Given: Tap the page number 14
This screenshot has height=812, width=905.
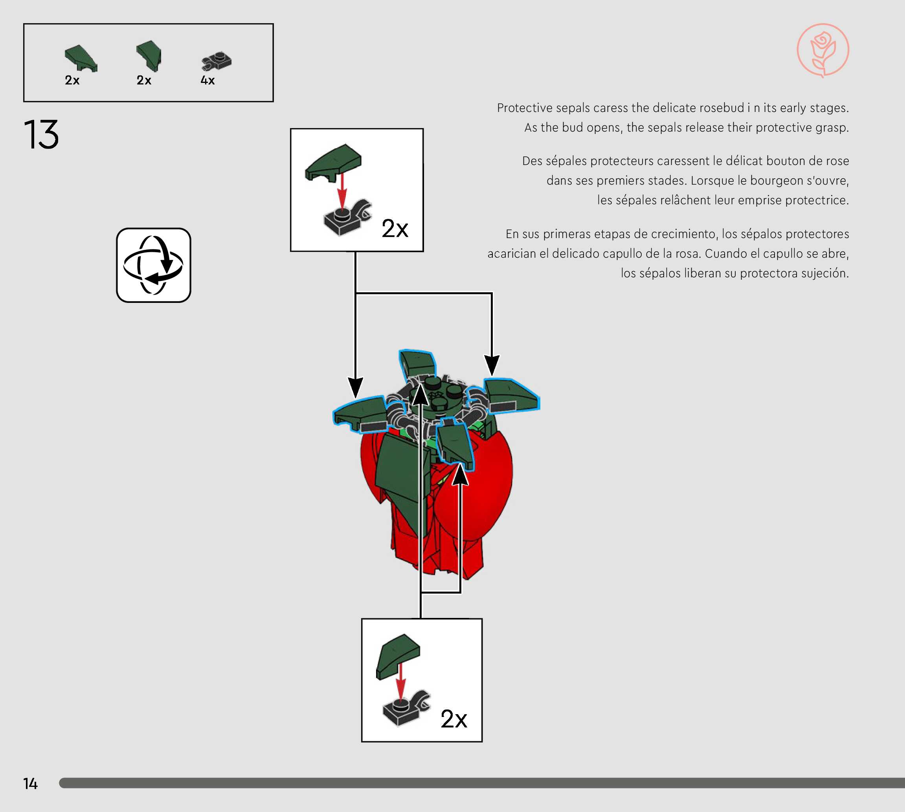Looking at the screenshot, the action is point(30,783).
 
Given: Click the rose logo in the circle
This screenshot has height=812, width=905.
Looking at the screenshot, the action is point(822,50).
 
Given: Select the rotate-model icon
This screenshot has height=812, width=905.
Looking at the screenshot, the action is point(154,265).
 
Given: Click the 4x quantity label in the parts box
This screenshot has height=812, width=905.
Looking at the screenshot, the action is point(207,80).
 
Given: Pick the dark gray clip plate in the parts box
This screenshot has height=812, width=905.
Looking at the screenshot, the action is point(217,62).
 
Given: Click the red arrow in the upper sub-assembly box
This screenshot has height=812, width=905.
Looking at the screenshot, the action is point(342,190).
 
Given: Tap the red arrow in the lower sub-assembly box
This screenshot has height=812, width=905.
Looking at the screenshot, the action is point(401,680).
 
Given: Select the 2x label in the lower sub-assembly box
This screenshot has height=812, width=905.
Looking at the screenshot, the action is point(453,719).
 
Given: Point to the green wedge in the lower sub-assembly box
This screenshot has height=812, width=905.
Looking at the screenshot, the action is point(398,654).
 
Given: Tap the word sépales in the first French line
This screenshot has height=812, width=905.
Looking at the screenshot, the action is point(566,161).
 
